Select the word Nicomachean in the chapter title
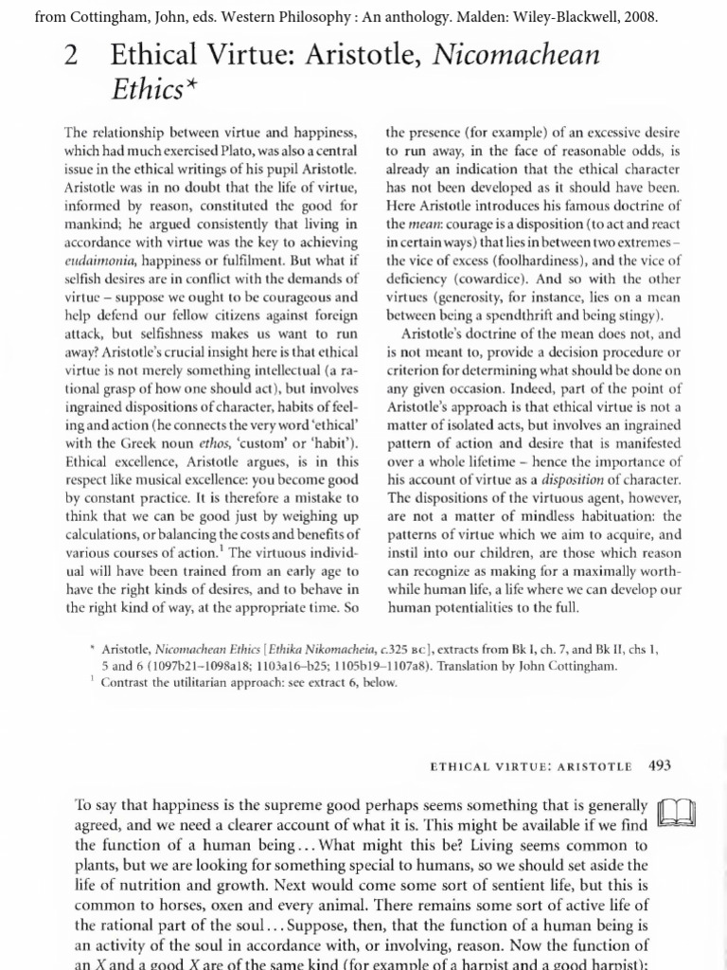click(517, 56)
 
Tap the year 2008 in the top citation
click(635, 17)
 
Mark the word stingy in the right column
click(638, 315)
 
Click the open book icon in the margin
click(676, 813)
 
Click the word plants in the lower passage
click(96, 866)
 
